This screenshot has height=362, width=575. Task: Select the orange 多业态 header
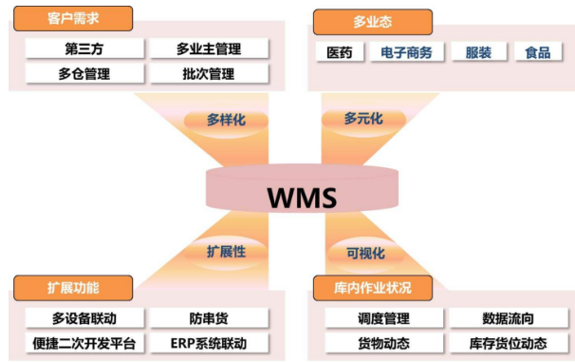coord(371,20)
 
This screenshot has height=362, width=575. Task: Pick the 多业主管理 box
coord(208,48)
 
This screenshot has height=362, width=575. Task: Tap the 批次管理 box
coord(208,73)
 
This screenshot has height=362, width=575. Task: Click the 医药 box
coord(339,52)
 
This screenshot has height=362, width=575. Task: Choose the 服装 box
coord(478,52)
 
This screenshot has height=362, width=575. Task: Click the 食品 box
coord(537,52)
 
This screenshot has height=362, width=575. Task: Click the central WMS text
coord(301,198)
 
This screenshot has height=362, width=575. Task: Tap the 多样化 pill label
coord(227,120)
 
